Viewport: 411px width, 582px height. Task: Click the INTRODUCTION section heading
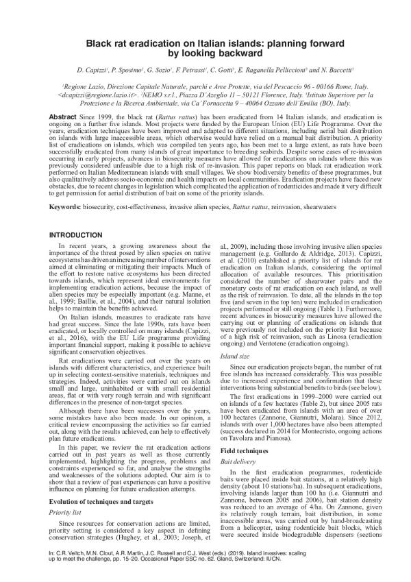tap(75, 235)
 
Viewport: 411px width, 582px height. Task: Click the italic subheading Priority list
tap(76, 511)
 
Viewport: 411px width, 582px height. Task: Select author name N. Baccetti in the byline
tap(331, 71)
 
